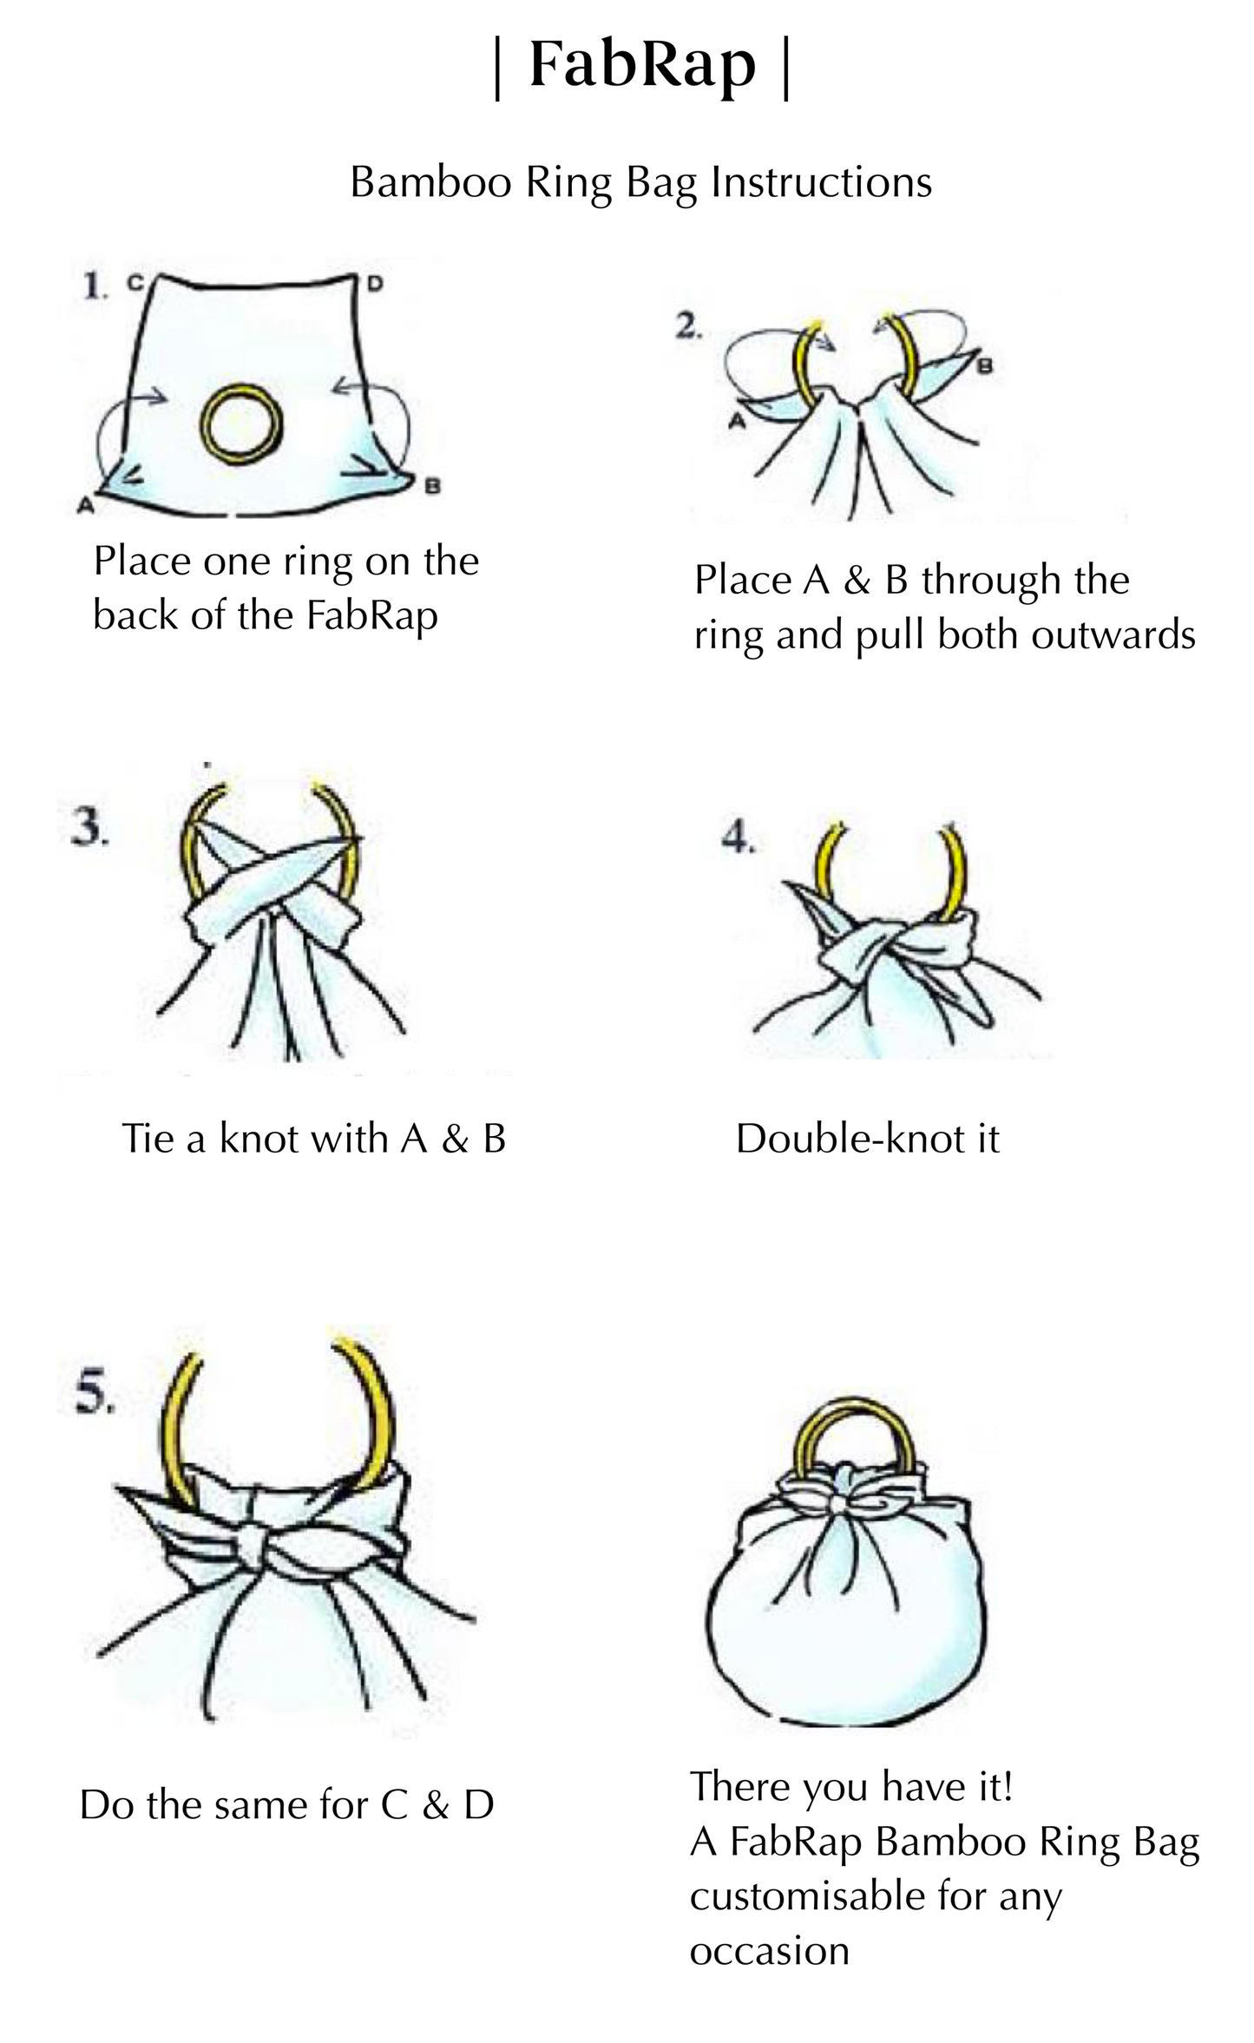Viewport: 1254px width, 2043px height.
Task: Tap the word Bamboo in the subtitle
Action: [x=430, y=182]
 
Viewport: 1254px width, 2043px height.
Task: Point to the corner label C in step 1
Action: [x=135, y=282]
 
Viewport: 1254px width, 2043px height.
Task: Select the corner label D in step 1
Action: [x=375, y=283]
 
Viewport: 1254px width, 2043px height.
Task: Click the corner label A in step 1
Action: [x=85, y=504]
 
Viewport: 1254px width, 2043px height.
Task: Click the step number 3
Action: [x=89, y=829]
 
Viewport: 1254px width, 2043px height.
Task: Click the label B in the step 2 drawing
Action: [x=985, y=366]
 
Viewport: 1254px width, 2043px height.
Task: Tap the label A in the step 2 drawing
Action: [x=738, y=423]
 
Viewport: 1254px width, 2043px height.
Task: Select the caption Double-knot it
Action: [x=868, y=1139]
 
